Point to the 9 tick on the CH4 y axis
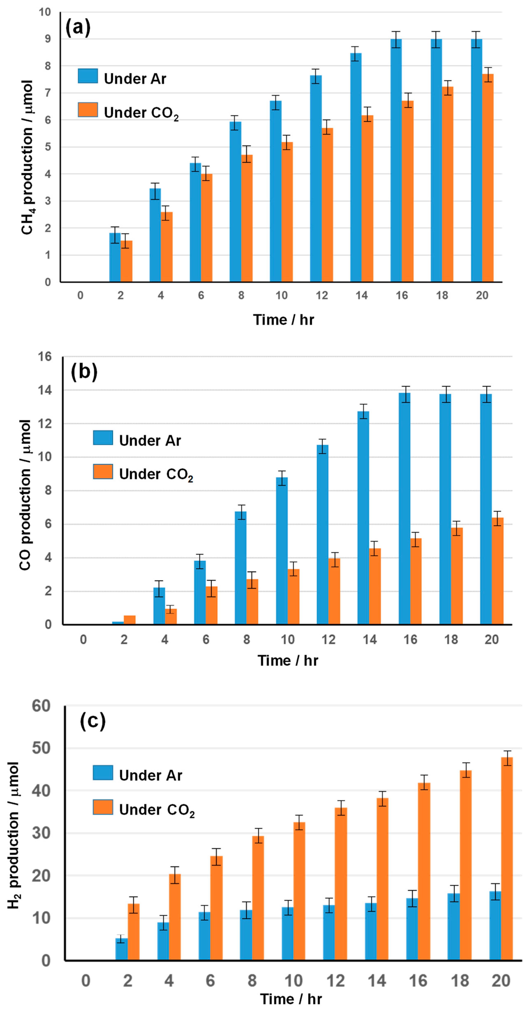(47, 39)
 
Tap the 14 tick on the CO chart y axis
(45, 390)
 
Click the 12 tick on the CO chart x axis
(329, 640)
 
